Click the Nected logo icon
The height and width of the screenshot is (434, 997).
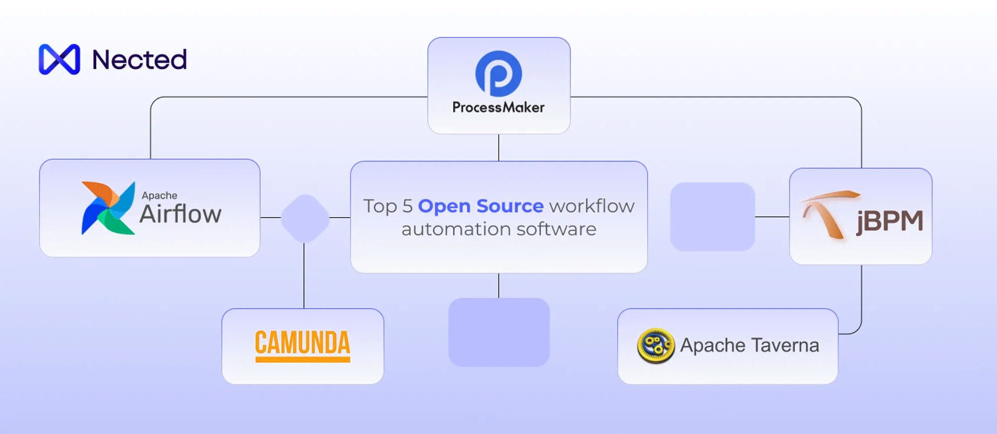tap(59, 59)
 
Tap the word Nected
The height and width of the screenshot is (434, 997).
tap(140, 60)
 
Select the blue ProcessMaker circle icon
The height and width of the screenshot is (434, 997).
tap(498, 73)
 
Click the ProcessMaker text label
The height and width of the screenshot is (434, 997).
tap(498, 108)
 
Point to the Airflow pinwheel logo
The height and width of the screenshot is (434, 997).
tap(108, 208)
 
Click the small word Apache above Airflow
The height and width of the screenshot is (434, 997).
tap(159, 195)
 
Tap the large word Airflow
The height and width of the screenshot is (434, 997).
tap(180, 214)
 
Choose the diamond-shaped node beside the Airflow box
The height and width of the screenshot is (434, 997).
tap(305, 218)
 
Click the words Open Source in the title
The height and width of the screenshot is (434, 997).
tap(481, 206)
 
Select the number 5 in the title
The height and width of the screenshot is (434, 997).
tap(407, 206)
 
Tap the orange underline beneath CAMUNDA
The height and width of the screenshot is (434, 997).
tap(303, 359)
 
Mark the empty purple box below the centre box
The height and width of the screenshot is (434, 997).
tap(498, 332)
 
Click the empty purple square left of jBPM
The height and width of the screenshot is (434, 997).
tap(712, 217)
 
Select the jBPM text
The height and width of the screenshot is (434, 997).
tap(890, 221)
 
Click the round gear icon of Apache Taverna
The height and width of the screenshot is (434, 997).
tap(656, 345)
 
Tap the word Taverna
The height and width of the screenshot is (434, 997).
tap(785, 345)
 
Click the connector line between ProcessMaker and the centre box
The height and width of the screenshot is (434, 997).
tap(498, 147)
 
